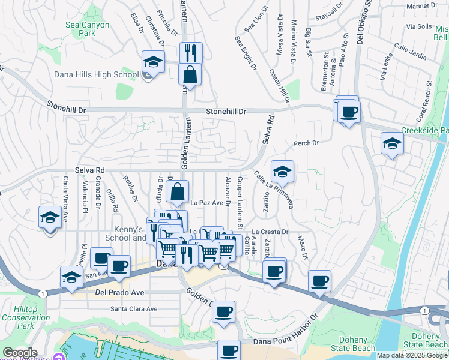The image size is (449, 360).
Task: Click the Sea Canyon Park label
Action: [x=88, y=29]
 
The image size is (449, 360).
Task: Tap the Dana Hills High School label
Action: [x=96, y=75]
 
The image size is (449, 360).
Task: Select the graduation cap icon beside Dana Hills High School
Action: [x=153, y=62]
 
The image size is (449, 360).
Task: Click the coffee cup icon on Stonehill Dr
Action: [x=349, y=112]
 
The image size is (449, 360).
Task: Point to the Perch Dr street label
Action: [x=305, y=143]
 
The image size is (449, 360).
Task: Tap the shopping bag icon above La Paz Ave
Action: [x=178, y=192]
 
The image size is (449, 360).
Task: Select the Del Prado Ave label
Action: [x=119, y=293]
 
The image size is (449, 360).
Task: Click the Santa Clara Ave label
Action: [x=133, y=309]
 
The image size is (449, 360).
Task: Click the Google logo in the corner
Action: [x=20, y=353]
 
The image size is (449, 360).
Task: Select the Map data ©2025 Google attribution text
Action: [x=412, y=355]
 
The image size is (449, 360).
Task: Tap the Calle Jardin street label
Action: [x=411, y=54]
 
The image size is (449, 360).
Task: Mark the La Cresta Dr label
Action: [x=270, y=231]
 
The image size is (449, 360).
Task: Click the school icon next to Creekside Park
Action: [x=391, y=144]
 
